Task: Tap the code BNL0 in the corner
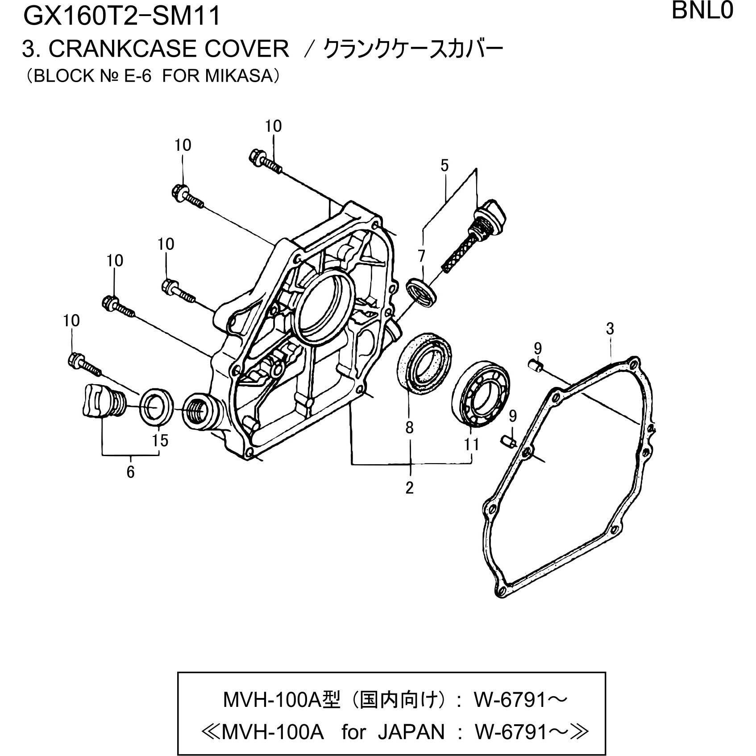point(702,11)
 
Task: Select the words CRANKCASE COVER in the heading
point(169,49)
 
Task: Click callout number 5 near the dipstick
point(444,166)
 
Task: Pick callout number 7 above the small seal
point(421,256)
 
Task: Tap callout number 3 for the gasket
point(610,329)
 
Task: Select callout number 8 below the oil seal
point(410,428)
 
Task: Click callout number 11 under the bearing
point(471,444)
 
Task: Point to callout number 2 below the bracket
point(410,488)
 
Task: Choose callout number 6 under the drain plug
point(130,472)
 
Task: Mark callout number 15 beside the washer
point(160,440)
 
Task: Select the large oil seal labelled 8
point(424,362)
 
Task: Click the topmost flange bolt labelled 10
point(265,162)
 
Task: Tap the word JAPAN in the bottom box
point(411,731)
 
